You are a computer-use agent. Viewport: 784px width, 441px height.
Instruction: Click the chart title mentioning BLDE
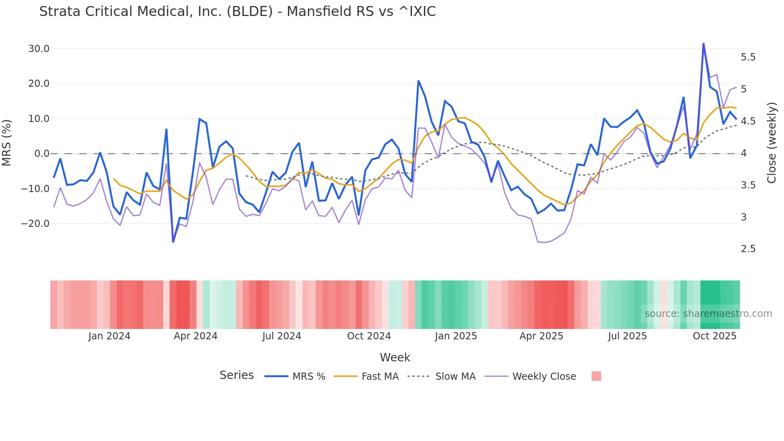point(237,12)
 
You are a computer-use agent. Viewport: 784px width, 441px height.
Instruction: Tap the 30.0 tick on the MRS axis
point(39,49)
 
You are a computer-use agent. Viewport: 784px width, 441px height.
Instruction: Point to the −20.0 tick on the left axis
point(35,224)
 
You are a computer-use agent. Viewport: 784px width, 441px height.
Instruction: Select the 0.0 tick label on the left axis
point(42,154)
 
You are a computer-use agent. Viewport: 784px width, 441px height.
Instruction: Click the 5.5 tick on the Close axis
point(748,57)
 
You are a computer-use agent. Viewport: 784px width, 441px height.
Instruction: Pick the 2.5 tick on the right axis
point(748,249)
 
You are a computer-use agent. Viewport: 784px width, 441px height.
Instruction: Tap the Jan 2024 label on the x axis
point(109,336)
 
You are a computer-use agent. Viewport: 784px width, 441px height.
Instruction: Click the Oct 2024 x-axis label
point(369,336)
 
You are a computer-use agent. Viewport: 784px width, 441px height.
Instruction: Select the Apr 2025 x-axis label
point(541,336)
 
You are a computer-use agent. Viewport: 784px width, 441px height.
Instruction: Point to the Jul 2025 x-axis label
point(627,336)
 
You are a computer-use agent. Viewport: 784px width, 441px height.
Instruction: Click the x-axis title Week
point(395,357)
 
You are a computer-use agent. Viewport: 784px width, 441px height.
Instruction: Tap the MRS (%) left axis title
point(7,143)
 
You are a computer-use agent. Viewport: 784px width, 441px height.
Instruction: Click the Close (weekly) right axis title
point(772,143)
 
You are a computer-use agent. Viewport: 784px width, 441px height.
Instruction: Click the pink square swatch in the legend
point(596,376)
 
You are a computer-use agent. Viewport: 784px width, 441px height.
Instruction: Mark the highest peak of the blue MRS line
point(704,44)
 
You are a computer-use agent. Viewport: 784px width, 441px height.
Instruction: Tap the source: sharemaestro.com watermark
point(708,314)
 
